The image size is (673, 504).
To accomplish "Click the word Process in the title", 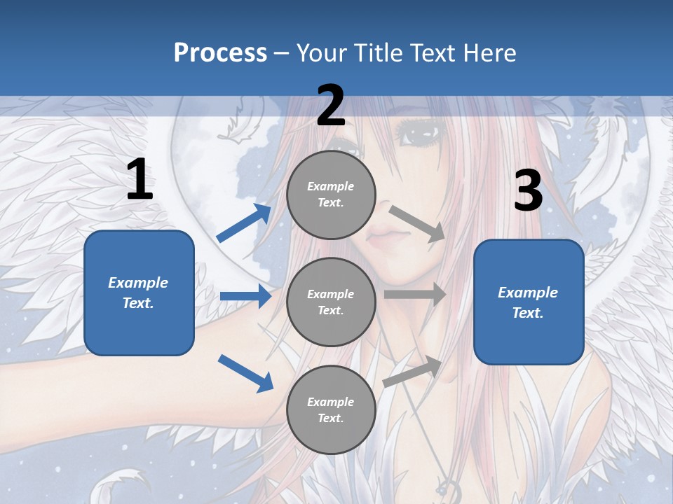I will click(x=220, y=53).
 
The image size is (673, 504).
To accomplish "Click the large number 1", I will click(x=140, y=180).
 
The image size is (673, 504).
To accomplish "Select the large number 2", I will click(x=331, y=106).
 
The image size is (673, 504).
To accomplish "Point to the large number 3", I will click(x=528, y=191).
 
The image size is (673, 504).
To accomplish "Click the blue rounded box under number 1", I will click(x=139, y=293).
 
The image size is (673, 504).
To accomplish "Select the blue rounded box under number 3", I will click(x=529, y=302).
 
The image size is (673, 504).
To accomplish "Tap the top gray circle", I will click(x=331, y=195).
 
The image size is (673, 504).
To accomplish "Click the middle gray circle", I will click(x=331, y=302).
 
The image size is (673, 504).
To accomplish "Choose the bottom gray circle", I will click(x=331, y=409).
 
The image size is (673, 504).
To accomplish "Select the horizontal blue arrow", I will click(x=245, y=296).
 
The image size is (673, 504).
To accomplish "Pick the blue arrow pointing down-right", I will click(x=245, y=372).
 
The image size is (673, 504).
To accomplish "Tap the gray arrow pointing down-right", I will click(x=416, y=223).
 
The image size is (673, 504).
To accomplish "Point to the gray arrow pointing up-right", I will click(x=413, y=372).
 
